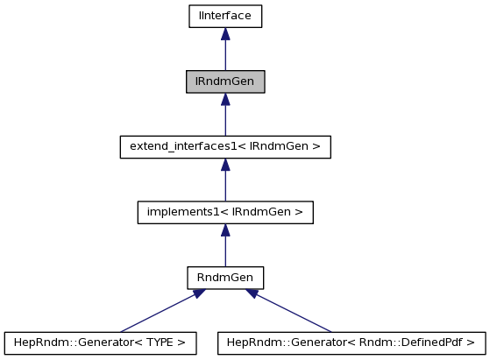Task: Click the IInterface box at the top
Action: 225,16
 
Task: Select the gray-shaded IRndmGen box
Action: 225,81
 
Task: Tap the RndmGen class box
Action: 225,278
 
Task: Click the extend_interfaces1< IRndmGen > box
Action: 225,147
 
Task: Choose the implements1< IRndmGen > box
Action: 225,212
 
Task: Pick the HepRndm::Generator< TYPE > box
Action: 99,342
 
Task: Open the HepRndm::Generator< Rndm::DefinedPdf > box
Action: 352,342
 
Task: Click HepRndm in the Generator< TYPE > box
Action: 34,342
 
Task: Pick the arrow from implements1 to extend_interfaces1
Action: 225,180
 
